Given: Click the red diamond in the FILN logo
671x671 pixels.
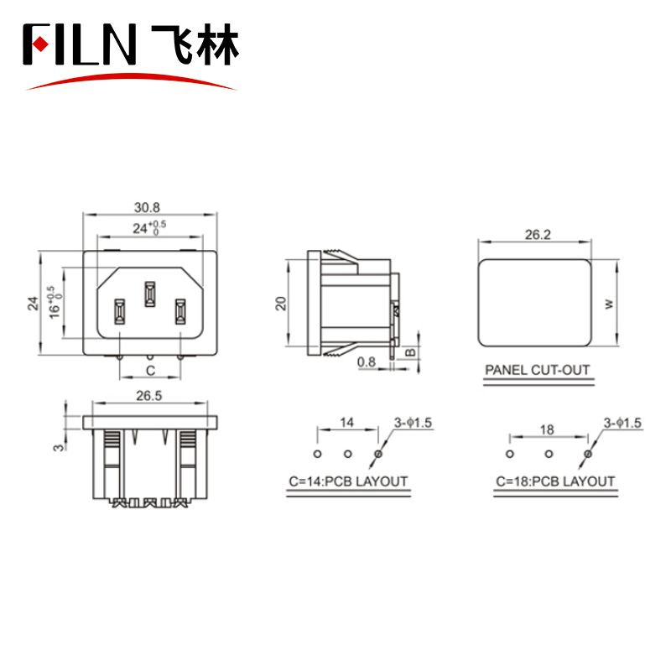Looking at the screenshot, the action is coord(40,44).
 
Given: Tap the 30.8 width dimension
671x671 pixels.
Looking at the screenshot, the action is coord(147,207).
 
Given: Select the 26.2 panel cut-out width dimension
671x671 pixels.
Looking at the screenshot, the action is coord(538,235).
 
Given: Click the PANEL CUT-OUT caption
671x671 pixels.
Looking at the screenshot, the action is coord(538,370).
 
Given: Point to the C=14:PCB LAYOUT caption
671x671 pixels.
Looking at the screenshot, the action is coord(348,481).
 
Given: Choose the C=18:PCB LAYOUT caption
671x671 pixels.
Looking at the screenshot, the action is coord(555,481).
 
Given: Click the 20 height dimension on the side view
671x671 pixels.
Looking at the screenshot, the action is coord(281,304).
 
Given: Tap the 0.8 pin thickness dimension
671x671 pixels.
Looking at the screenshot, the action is coord(367,362).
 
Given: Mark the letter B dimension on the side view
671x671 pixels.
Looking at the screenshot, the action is coord(410,352).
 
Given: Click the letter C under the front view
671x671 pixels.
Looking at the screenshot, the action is coord(150,371).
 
